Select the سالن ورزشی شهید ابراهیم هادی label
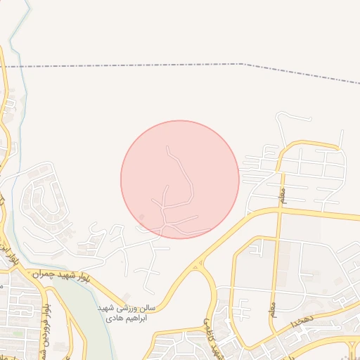126,314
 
